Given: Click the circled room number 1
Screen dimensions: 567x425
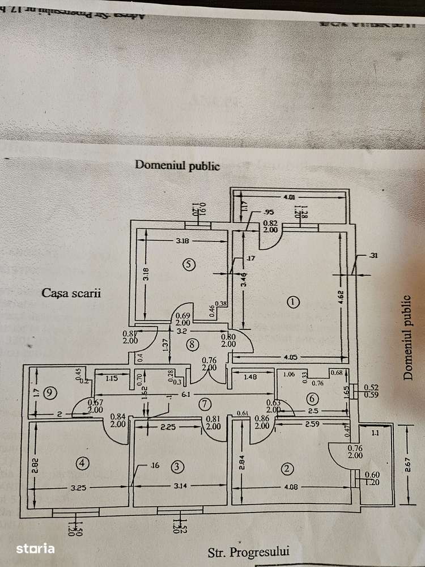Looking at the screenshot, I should pyautogui.click(x=292, y=302).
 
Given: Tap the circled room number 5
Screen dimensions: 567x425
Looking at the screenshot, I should pyautogui.click(x=189, y=264).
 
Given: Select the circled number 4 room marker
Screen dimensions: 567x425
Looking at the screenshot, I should pyautogui.click(x=83, y=464).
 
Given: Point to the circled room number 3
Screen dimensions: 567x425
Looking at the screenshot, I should pyautogui.click(x=178, y=467).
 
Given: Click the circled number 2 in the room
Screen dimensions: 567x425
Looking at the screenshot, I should pyautogui.click(x=287, y=468).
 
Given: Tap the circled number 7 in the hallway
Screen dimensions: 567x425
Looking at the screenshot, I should pyautogui.click(x=205, y=404).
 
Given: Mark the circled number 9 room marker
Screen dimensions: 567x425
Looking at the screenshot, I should pyautogui.click(x=50, y=391).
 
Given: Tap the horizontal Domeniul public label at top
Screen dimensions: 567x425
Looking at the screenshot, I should pyautogui.click(x=177, y=166).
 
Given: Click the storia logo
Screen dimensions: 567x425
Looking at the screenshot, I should pyautogui.click(x=35, y=548).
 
